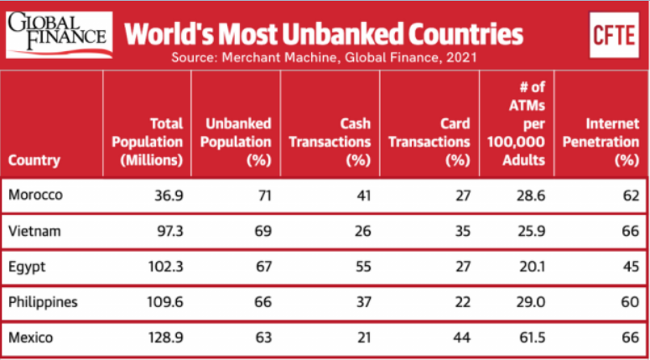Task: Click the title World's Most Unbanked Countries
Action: pyautogui.click(x=324, y=34)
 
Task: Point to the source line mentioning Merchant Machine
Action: pyautogui.click(x=324, y=58)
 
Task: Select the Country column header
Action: pyautogui.click(x=34, y=159)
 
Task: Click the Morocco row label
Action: pyautogui.click(x=35, y=195)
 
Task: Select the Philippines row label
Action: pyautogui.click(x=43, y=301)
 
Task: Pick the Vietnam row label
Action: pyautogui.click(x=34, y=230)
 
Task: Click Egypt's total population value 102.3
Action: pyautogui.click(x=164, y=266)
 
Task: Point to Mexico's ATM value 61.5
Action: pyautogui.click(x=528, y=337)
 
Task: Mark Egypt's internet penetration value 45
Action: pyautogui.click(x=629, y=266)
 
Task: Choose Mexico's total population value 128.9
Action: pyautogui.click(x=164, y=337)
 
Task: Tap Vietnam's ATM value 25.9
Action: pyautogui.click(x=528, y=230)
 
